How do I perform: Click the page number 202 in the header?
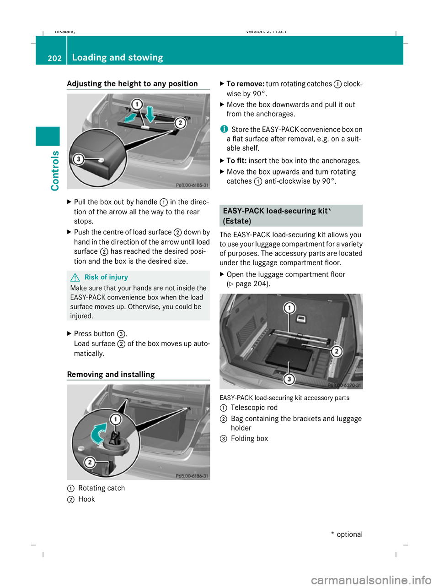[x=54, y=58]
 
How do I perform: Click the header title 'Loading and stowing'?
[x=118, y=58]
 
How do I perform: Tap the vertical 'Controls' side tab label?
[x=55, y=170]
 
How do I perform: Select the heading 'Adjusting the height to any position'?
[x=132, y=83]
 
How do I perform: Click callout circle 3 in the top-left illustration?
[x=79, y=159]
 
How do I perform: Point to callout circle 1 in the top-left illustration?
[x=136, y=104]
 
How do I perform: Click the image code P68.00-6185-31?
[x=192, y=185]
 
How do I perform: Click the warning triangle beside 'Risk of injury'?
[x=75, y=278]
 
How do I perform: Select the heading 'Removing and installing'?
[x=111, y=374]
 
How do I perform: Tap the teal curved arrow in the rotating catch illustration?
[x=99, y=433]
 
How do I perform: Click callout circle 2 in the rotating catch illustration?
[x=90, y=462]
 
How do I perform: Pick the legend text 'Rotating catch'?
[x=101, y=488]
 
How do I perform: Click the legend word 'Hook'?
[x=86, y=499]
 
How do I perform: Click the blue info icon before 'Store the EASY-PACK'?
[x=224, y=129]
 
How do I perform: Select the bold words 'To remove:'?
[x=245, y=84]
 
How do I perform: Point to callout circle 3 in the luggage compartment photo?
[x=289, y=379]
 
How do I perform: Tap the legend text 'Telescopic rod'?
[x=254, y=408]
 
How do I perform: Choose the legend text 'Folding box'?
[x=249, y=438]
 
